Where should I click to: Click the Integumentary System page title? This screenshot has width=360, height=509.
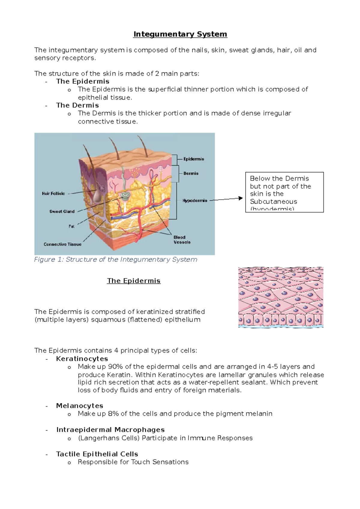point(180,34)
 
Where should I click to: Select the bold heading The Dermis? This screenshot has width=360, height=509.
point(77,105)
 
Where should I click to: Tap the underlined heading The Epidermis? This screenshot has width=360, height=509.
point(133,281)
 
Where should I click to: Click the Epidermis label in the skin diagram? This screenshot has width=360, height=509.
point(193,159)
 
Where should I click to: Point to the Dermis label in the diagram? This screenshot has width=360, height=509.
point(191,173)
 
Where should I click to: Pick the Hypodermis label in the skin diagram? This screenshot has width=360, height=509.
point(195,201)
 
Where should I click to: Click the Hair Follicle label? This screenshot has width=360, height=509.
point(53,194)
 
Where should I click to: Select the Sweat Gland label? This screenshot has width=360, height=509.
point(62,211)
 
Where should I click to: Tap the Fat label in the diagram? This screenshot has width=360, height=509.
point(71,226)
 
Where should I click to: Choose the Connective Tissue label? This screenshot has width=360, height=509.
point(62,244)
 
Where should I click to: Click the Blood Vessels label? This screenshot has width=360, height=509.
point(182,240)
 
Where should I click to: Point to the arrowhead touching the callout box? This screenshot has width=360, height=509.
point(240,198)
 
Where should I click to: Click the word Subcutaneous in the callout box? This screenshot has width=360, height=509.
point(273,201)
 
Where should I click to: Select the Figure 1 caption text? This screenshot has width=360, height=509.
point(115,259)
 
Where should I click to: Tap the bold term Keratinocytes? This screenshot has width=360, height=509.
point(82,359)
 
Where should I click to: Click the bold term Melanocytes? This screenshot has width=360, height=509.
point(79,406)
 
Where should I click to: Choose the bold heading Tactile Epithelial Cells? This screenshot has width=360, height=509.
point(97,454)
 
